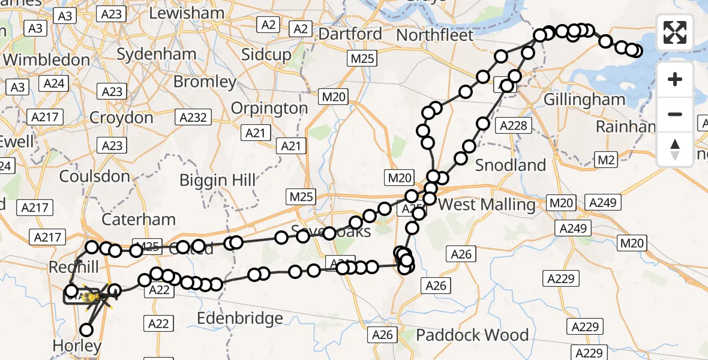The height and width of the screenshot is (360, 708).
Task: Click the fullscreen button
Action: [x=675, y=32]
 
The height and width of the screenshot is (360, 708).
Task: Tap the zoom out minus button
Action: [x=675, y=114]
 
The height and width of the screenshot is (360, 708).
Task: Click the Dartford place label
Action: [x=350, y=34]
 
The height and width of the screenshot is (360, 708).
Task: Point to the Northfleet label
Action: [x=435, y=35]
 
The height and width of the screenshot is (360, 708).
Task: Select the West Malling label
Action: [x=487, y=205]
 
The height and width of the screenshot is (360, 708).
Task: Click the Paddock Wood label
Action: [x=472, y=335]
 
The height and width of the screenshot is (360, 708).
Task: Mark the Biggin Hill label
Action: [x=218, y=180]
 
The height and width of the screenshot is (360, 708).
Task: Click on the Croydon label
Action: [x=121, y=117]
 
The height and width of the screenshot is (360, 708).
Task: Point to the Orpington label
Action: [x=269, y=108]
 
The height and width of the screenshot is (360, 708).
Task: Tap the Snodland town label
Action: [x=511, y=165]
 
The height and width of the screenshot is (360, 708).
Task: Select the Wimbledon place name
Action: [x=46, y=60]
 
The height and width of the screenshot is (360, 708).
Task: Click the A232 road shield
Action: [x=193, y=118]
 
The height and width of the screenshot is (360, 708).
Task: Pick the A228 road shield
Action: [x=514, y=125]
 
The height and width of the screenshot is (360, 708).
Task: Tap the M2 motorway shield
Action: [x=605, y=158]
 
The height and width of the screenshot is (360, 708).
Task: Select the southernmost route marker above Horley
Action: [x=87, y=329]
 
